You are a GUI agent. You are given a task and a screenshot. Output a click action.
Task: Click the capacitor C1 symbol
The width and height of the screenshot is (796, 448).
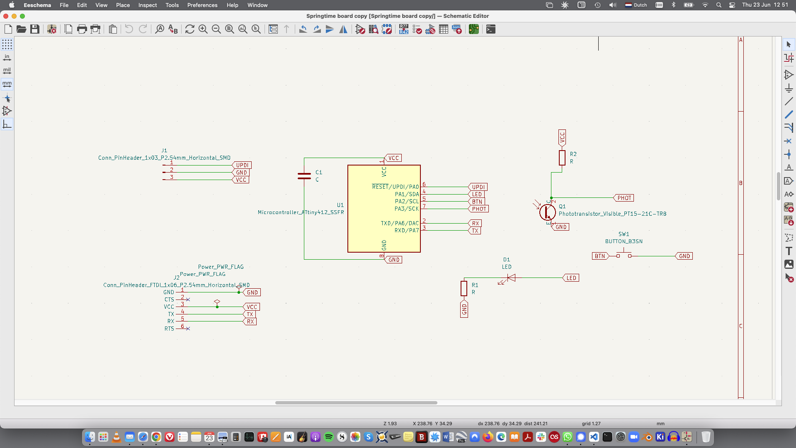[304, 176]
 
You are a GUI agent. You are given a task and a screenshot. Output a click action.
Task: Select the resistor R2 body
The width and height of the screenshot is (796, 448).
[562, 158]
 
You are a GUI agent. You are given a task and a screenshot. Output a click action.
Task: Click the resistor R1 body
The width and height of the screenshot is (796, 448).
[464, 288]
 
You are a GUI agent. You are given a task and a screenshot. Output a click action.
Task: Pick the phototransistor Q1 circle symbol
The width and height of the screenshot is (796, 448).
[547, 212]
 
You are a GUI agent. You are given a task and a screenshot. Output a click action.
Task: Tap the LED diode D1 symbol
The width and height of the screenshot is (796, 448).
[511, 278]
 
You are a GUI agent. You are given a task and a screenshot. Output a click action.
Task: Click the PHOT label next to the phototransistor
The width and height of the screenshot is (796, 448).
[624, 198]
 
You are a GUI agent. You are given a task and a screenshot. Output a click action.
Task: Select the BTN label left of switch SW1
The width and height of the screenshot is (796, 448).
[600, 256]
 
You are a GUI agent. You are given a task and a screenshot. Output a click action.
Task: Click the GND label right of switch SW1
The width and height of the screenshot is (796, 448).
[684, 256]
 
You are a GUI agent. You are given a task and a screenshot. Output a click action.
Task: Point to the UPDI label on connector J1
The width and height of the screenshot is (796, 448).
[242, 165]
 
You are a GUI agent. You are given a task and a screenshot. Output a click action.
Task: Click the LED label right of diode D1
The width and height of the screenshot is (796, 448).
[571, 278]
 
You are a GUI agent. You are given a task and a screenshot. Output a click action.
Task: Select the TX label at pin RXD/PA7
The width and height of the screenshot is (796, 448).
[475, 231]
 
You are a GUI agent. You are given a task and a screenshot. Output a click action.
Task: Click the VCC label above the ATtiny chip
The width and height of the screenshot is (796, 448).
[393, 158]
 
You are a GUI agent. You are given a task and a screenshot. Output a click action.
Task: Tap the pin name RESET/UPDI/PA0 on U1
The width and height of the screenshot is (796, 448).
[396, 187]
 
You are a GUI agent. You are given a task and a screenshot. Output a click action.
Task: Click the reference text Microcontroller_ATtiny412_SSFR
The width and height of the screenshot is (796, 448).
[301, 212]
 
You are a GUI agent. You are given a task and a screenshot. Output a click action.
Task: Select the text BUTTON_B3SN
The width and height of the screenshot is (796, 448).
[624, 241]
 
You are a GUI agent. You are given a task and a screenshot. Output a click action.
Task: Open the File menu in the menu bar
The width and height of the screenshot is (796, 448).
[64, 5]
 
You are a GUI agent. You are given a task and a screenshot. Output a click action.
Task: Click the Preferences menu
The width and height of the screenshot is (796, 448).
[202, 5]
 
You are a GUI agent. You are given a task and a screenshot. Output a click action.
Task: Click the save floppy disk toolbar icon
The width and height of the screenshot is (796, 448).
[35, 29]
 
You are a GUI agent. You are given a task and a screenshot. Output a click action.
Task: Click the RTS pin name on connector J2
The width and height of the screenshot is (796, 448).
[169, 329]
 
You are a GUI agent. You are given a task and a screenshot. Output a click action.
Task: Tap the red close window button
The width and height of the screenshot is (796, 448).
[6, 16]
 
